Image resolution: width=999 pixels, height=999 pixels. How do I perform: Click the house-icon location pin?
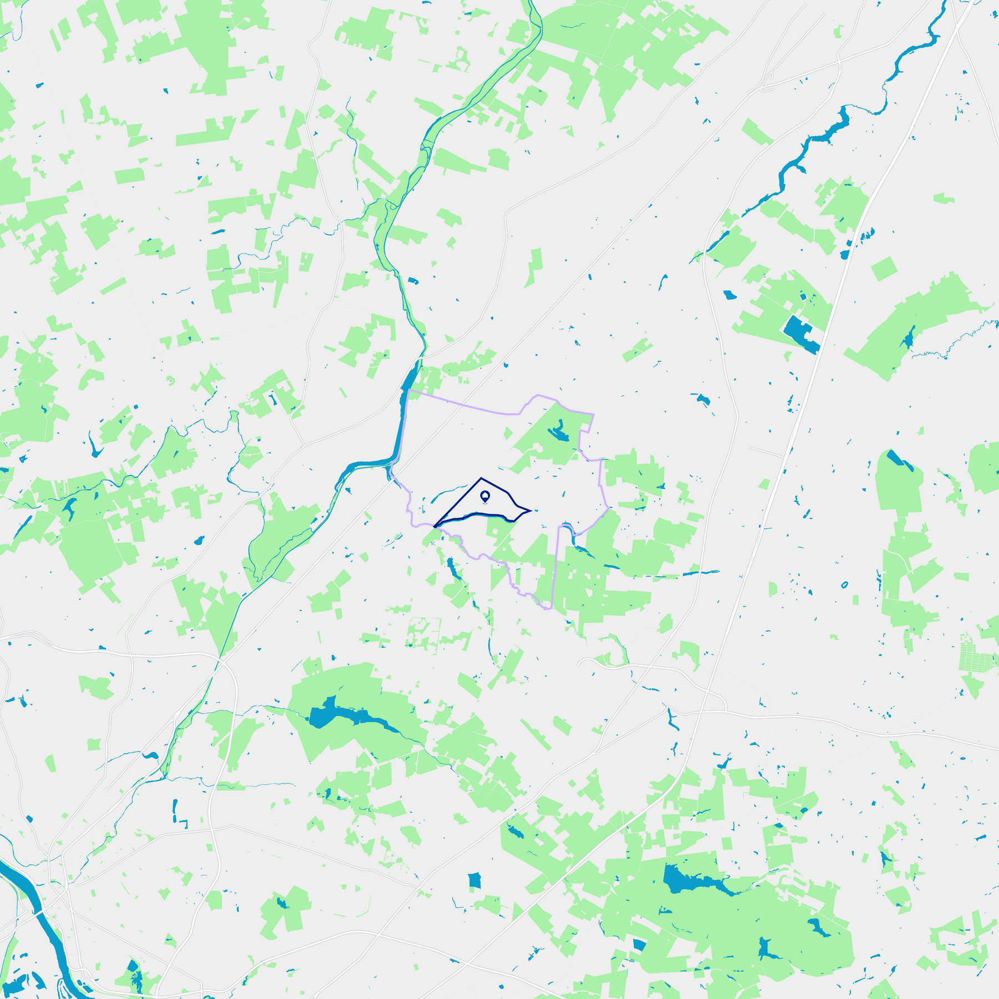(x=485, y=495)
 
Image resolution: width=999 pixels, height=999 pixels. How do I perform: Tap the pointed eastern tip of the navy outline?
(x=532, y=510)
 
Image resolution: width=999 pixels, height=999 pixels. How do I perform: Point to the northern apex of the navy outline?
(x=481, y=477)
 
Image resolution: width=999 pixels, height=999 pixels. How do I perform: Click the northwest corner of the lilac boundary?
(x=408, y=390)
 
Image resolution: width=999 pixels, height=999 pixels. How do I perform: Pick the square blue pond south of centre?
(x=474, y=880)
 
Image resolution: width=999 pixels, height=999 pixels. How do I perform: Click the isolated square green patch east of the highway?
(x=884, y=269)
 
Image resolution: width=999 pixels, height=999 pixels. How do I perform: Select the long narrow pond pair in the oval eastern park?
(x=900, y=461)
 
